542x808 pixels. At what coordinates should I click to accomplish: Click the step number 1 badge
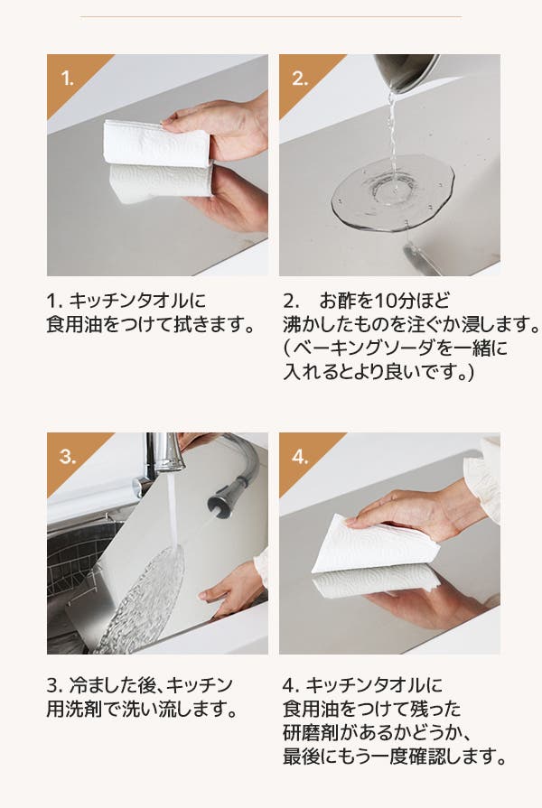click(68, 79)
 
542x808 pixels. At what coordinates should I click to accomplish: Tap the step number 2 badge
click(300, 79)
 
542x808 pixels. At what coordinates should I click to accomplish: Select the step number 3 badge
click(68, 457)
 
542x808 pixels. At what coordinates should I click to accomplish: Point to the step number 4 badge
click(300, 457)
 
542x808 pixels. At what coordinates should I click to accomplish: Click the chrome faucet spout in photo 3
click(166, 452)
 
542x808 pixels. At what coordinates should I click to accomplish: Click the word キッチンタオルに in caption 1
click(137, 301)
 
